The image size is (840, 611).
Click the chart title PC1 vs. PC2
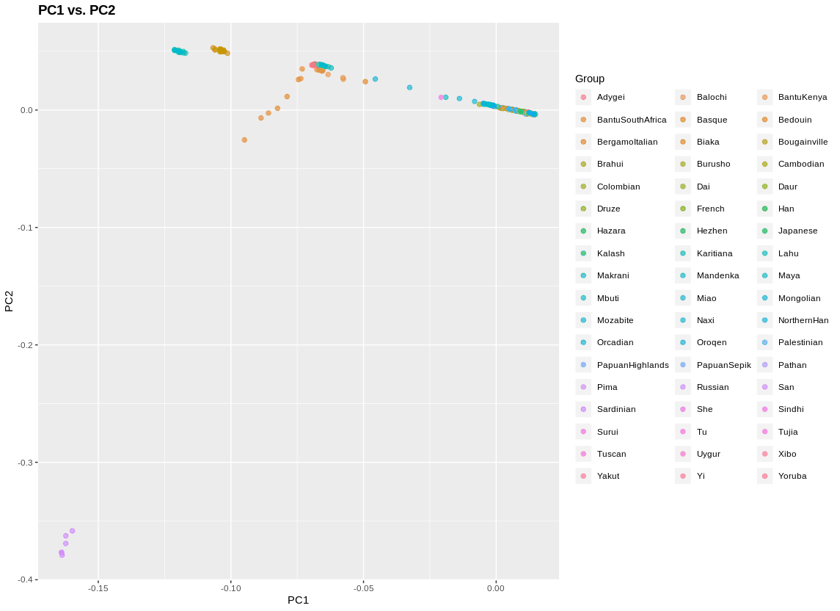click(x=76, y=10)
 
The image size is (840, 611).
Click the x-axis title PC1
click(x=298, y=600)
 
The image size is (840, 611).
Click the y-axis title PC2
click(x=9, y=301)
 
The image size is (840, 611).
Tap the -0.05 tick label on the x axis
click(x=363, y=587)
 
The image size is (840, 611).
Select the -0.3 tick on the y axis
click(x=27, y=462)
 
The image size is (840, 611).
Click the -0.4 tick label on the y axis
click(x=27, y=579)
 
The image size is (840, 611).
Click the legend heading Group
click(x=590, y=79)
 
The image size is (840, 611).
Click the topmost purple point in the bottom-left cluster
click(x=72, y=531)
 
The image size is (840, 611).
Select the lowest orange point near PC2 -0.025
click(x=244, y=140)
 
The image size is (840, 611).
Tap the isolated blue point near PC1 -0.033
click(x=409, y=87)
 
